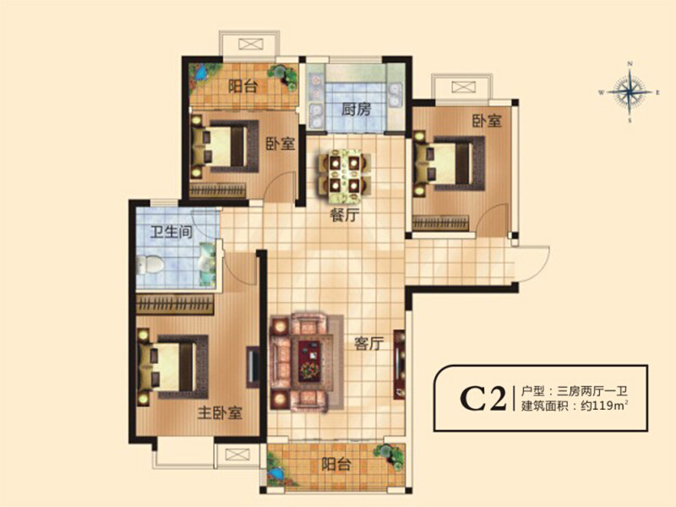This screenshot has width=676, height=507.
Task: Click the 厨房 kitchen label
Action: (x=356, y=110)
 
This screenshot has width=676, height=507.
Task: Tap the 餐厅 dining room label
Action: (x=345, y=215)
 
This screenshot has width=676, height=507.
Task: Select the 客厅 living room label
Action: (x=368, y=344)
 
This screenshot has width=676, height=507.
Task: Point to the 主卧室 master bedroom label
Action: (x=220, y=413)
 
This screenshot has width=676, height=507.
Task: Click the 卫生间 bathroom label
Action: (x=172, y=232)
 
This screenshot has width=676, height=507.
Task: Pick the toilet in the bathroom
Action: (x=150, y=264)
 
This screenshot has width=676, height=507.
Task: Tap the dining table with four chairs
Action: (x=346, y=177)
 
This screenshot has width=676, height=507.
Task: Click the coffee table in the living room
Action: (x=309, y=361)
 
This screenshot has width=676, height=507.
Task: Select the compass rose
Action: (x=630, y=92)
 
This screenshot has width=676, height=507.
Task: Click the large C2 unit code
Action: (x=482, y=399)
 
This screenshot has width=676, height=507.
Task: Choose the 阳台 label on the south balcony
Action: (x=336, y=464)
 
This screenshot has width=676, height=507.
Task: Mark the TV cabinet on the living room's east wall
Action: (x=400, y=365)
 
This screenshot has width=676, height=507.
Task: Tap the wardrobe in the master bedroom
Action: (x=175, y=305)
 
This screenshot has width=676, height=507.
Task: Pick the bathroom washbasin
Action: (x=207, y=264)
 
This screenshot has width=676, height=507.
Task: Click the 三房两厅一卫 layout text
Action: (x=592, y=391)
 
